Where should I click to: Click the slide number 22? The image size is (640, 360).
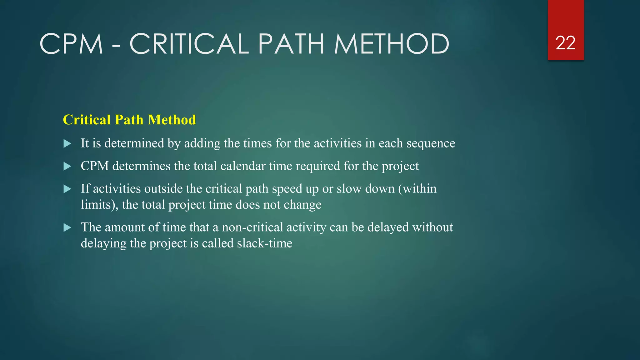[x=565, y=43]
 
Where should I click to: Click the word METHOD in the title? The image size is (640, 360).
[x=392, y=44]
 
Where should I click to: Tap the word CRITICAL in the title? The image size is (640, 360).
[x=189, y=44]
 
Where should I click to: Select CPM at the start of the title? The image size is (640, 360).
[x=71, y=44]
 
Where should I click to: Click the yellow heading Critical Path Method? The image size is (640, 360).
[x=129, y=120]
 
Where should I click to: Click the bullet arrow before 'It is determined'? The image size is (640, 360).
[x=67, y=144]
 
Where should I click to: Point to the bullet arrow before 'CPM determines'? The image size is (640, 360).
[x=67, y=166]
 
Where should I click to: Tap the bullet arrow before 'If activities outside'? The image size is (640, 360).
[x=67, y=189]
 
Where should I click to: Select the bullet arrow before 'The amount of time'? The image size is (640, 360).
[x=67, y=227]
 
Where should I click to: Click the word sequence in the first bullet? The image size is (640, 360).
[x=431, y=143]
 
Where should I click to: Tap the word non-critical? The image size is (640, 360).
[x=252, y=227]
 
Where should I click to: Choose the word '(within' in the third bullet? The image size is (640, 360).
[x=417, y=189]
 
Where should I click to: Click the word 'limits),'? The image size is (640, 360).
[x=99, y=205]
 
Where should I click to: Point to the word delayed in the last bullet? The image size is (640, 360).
[x=388, y=227]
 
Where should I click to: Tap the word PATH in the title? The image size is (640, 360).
[x=291, y=44]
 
